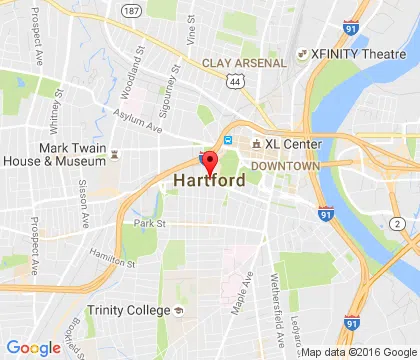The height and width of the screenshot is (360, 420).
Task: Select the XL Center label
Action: point(292,144)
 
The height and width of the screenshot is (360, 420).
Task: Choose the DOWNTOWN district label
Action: point(285,165)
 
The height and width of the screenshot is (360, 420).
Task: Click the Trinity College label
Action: point(138,311)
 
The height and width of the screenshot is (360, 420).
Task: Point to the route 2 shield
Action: point(397,222)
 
